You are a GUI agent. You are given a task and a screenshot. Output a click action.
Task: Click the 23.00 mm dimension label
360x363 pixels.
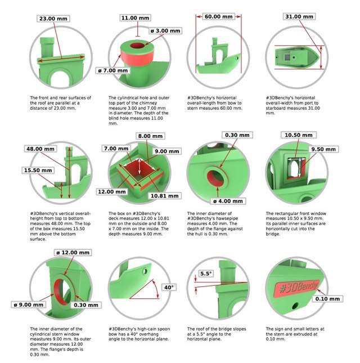tap(53, 19)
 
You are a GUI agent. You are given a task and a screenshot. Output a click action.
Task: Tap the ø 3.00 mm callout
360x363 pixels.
tap(165, 30)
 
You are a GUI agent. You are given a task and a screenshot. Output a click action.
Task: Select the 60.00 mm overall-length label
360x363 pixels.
tap(218, 16)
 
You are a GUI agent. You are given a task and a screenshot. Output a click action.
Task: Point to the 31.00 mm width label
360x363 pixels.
tap(299, 16)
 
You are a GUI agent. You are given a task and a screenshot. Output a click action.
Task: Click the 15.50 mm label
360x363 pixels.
tap(38, 171)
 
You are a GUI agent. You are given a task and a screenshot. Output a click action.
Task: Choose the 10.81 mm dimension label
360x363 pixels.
tap(164, 196)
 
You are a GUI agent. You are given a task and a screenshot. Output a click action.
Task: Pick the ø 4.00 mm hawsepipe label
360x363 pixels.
tap(228, 201)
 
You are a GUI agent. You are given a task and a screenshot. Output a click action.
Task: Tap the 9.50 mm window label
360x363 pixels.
tap(323, 149)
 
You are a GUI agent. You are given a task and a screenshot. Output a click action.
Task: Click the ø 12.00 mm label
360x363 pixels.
tap(73, 252)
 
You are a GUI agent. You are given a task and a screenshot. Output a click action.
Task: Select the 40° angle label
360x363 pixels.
tap(169, 288)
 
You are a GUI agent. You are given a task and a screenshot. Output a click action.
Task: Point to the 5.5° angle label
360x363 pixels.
tap(206, 274)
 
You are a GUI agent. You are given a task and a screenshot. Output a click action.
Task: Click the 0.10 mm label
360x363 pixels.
tap(327, 299)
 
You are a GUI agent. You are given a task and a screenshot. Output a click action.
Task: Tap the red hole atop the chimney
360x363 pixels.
tap(137, 46)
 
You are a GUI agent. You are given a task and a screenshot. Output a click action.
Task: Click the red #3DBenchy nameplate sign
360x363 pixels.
tap(297, 289)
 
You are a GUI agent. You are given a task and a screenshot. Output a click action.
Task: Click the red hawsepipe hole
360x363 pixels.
tap(215, 179)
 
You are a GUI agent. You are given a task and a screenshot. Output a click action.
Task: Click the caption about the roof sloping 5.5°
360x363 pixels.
tap(217, 334)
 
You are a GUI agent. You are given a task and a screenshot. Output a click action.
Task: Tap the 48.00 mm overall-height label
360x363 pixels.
tap(40, 149)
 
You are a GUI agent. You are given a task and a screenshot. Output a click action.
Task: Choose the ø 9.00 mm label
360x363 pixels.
tap(29, 304)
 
